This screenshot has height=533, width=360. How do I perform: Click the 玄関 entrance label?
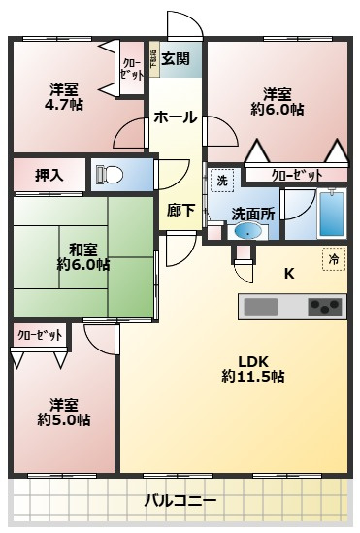point(175,57)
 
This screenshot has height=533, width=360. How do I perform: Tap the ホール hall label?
point(175,117)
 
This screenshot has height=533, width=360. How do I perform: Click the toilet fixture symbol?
point(109,176)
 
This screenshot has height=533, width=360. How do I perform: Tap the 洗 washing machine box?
point(222,181)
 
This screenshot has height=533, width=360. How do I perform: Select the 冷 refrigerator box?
point(334,260)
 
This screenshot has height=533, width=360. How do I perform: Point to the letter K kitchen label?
point(288,273)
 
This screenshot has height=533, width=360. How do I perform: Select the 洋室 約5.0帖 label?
point(64,413)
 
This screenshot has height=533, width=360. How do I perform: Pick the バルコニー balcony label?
point(180,501)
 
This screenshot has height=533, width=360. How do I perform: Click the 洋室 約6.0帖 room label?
point(277,102)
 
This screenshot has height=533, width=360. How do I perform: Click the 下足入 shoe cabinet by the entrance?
point(153,57)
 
